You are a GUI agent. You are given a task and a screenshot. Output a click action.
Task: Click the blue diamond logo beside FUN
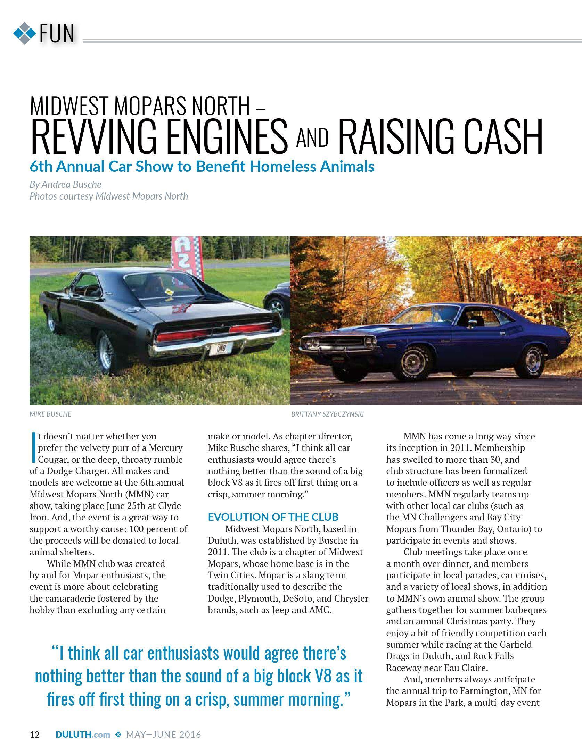tap(24, 33)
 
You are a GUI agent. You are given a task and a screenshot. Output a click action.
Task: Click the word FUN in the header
tap(57, 34)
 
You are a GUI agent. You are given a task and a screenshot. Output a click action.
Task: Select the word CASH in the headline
tap(500, 137)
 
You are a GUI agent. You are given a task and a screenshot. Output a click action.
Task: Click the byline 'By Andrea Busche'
tap(65, 184)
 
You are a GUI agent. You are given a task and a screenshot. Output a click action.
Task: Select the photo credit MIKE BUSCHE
tap(50, 414)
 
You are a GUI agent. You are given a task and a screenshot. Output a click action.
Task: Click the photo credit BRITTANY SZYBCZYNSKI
tap(327, 414)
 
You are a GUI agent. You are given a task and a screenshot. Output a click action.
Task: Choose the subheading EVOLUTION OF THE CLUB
tap(273, 517)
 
